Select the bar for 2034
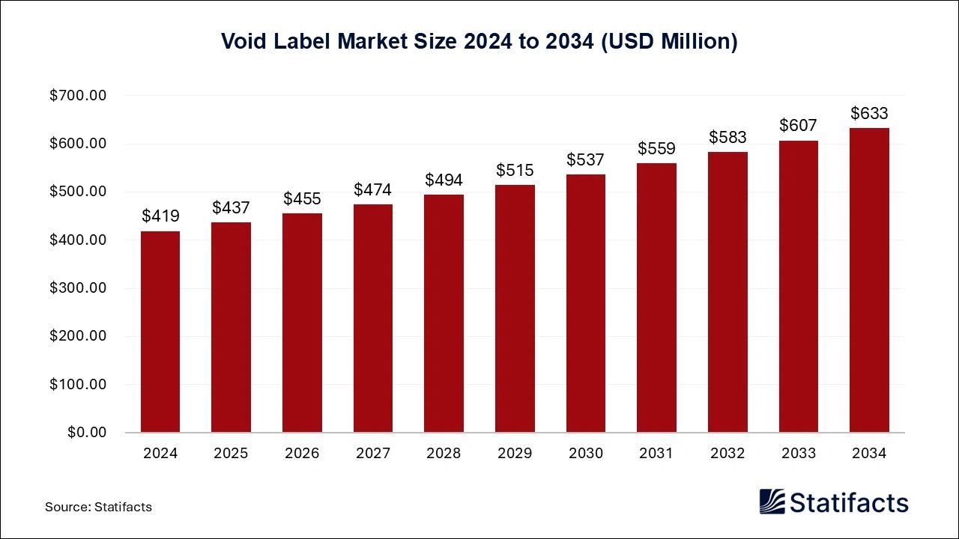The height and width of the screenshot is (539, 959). [869, 280]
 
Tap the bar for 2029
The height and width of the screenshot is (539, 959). [515, 308]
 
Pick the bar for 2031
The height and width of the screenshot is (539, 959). [656, 298]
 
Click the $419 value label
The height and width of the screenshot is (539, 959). [160, 216]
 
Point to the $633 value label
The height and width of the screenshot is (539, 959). [869, 114]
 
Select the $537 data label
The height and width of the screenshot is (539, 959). [585, 160]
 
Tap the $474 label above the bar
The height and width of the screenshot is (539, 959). [372, 190]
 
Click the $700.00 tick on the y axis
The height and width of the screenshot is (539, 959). [78, 96]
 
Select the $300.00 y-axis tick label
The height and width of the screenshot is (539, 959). [78, 288]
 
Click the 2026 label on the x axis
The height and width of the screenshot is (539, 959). [302, 454]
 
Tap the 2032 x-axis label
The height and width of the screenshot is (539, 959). [727, 454]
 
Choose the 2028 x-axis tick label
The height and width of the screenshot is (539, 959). [444, 454]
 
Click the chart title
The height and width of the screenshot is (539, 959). [479, 42]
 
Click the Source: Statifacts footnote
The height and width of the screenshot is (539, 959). [98, 507]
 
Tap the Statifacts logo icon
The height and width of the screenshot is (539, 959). [772, 502]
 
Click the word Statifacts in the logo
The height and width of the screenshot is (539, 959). [850, 502]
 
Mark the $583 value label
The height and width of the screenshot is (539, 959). [727, 138]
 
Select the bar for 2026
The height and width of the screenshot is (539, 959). [302, 323]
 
